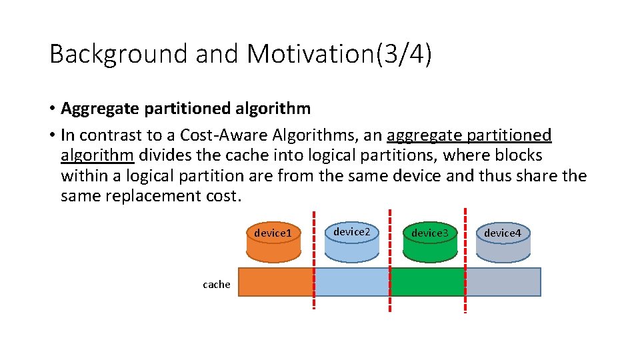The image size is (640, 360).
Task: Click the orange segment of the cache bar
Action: pos(275,282)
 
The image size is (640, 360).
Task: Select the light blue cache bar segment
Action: pos(352,282)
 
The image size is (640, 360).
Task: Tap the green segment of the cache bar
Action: pos(427,282)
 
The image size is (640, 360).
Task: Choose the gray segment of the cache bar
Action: pos(503,282)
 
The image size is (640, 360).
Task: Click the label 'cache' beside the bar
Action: pos(217,285)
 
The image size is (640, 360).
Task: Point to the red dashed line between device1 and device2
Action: pos(313,260)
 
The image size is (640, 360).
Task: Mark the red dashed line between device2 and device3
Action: pos(390,260)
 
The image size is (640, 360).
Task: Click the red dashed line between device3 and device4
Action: pos(465,260)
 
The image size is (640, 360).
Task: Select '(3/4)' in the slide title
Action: pos(404,54)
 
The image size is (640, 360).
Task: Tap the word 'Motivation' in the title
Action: pos(311,54)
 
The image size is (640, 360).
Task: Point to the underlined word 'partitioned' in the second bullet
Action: pos(509,135)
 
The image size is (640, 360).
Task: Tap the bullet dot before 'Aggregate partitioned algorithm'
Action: pos(52,109)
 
